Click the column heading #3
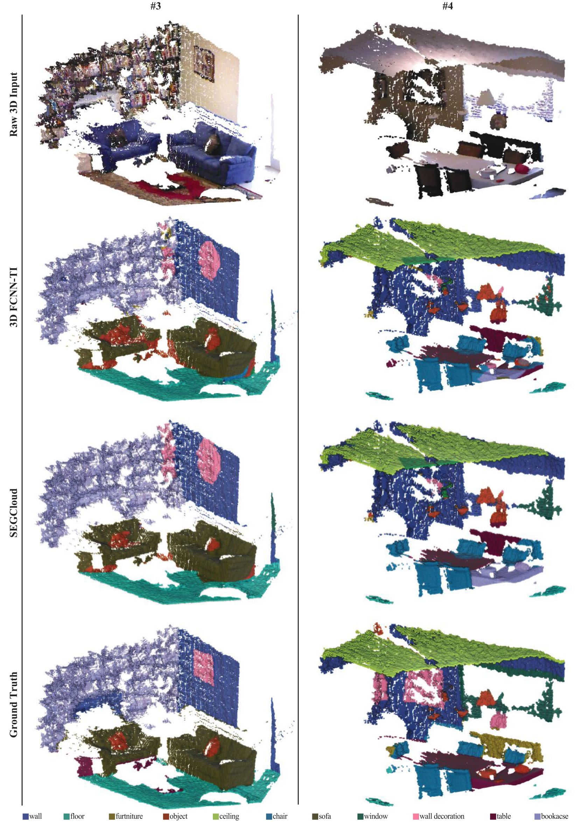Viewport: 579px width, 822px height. point(155,6)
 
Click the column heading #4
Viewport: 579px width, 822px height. point(447,6)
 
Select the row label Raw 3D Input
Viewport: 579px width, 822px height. point(13,104)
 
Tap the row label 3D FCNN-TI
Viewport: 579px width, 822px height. point(13,297)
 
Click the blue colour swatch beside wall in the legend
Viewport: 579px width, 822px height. point(26,816)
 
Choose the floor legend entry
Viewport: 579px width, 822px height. point(74,816)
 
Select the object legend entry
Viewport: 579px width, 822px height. point(175,816)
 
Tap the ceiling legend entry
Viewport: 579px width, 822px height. point(226,816)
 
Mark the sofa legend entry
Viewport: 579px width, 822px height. point(322,816)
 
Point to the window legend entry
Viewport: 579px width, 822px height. point(372,816)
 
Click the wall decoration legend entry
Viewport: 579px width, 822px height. point(439,816)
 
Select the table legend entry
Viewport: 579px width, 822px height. point(500,816)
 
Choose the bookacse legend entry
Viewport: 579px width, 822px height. point(551,816)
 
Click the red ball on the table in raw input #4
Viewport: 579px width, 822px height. point(521,167)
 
